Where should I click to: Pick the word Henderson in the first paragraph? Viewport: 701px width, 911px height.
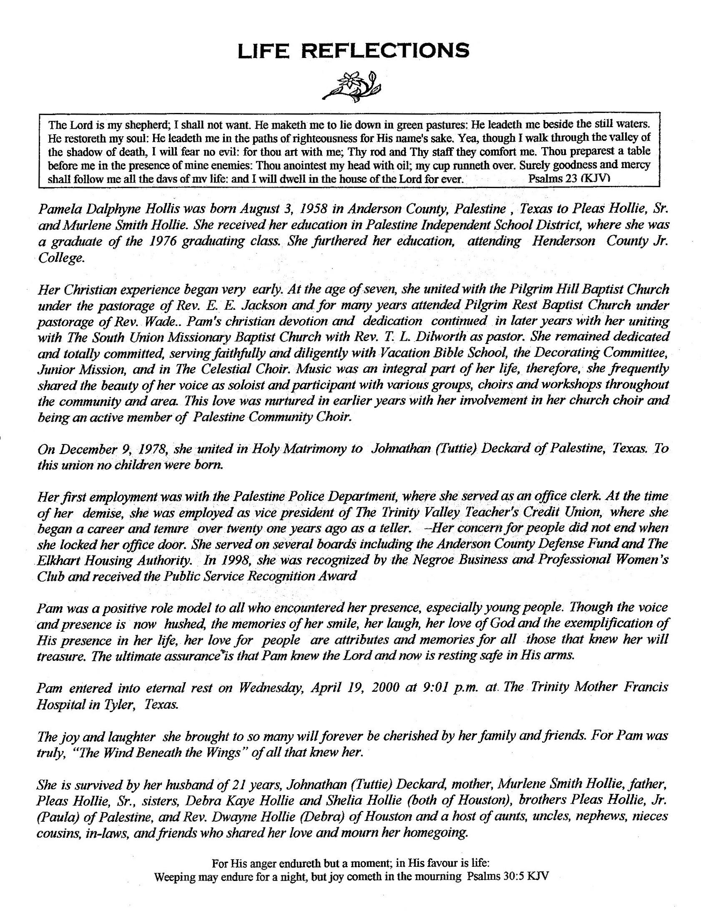pos(563,241)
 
